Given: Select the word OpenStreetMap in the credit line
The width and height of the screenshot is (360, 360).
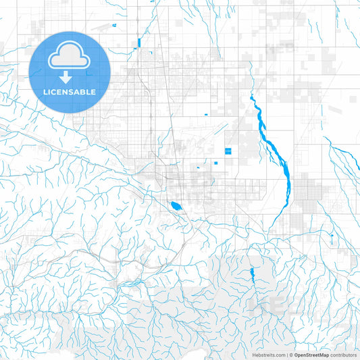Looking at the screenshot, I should click(312, 355).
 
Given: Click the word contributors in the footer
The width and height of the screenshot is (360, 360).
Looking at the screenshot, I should click(344, 355).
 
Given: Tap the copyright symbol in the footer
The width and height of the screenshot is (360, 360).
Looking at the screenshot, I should click(292, 355).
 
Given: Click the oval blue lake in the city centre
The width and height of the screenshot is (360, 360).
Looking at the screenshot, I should click(176, 205).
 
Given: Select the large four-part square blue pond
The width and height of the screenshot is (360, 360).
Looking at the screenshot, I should click(228, 151).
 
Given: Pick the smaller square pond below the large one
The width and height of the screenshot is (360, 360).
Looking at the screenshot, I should click(219, 162).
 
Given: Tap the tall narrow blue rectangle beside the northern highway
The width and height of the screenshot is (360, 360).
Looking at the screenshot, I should click(138, 45).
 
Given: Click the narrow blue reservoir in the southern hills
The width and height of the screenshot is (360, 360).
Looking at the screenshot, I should click(251, 273).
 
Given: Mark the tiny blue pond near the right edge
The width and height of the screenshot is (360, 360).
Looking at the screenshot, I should click(332, 236).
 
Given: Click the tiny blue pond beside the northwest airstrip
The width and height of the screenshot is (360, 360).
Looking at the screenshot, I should click(115, 25).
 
